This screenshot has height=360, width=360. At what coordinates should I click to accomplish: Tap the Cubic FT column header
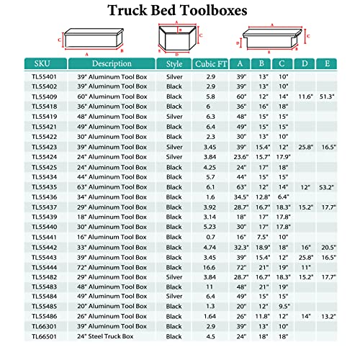coord(210,63)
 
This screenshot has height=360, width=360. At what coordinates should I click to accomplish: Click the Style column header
coord(174,63)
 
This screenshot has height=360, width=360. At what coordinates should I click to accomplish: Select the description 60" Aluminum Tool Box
coord(107,95)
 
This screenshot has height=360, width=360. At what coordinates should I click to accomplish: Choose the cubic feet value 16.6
coord(210,266)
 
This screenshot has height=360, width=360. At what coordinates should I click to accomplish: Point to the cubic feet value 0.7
coord(210,235)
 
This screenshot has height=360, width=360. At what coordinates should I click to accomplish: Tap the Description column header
coord(107,63)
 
